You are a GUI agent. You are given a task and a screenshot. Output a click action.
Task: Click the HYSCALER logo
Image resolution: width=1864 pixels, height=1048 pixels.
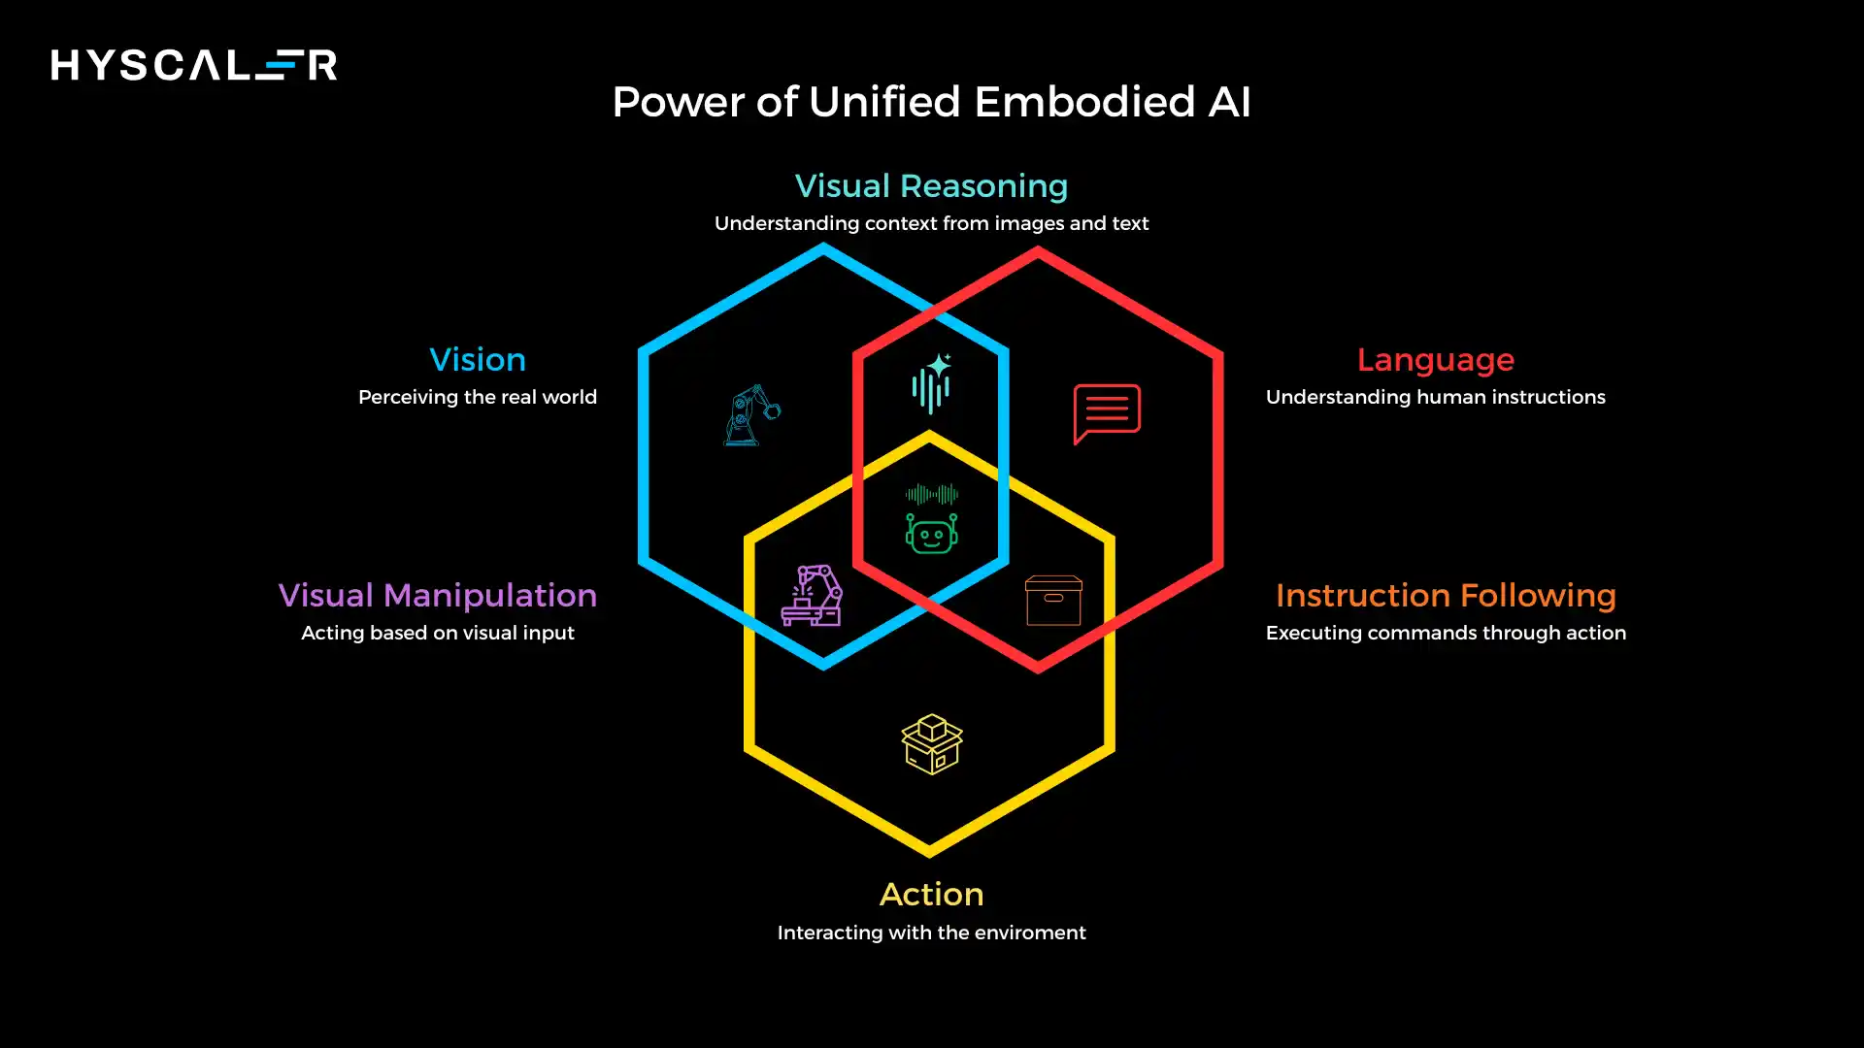[x=194, y=65]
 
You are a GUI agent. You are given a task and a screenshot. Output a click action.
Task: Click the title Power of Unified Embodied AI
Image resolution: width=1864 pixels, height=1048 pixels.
[x=931, y=102]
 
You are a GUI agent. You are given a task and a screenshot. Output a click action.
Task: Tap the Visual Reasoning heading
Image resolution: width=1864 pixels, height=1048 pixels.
[x=931, y=185]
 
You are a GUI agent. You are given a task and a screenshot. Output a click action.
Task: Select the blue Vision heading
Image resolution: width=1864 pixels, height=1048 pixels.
[x=478, y=360]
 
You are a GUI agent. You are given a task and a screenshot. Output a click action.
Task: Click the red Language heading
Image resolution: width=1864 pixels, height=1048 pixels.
[x=1435, y=360]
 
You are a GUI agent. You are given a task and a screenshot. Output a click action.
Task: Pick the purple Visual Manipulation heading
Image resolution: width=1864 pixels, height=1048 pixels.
[x=438, y=595]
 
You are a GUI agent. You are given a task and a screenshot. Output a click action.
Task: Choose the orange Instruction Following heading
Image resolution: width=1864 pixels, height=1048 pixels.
[x=1446, y=595]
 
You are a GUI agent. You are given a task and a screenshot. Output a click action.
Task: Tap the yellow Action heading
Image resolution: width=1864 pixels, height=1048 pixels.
[x=931, y=894]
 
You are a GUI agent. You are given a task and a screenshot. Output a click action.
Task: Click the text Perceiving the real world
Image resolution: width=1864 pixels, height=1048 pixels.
[x=478, y=397]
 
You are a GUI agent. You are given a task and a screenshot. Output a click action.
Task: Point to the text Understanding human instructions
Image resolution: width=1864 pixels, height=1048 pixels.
[x=1435, y=397]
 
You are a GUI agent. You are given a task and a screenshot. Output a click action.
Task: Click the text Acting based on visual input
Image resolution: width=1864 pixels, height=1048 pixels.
[x=438, y=633]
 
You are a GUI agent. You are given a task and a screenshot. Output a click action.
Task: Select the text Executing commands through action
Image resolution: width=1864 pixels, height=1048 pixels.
[x=1446, y=633]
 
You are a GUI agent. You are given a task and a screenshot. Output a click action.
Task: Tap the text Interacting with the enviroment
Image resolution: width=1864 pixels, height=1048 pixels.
[x=931, y=933]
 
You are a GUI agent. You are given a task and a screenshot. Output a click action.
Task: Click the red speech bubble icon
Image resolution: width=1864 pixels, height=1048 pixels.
[x=1107, y=412]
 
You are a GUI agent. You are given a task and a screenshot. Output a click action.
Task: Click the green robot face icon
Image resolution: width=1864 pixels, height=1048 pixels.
[x=931, y=533]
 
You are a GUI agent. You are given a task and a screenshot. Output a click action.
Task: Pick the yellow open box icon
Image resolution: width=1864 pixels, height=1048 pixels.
[x=931, y=743]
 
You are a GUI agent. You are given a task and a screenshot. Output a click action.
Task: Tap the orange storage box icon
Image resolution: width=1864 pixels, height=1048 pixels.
[x=1053, y=601]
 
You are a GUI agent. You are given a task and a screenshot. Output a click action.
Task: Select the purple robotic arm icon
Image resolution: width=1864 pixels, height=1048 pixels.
[x=813, y=596]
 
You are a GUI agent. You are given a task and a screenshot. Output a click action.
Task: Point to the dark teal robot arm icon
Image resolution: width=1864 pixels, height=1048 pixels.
[x=751, y=415]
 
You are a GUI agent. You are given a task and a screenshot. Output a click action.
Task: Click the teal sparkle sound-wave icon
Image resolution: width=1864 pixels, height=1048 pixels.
[x=931, y=383]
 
